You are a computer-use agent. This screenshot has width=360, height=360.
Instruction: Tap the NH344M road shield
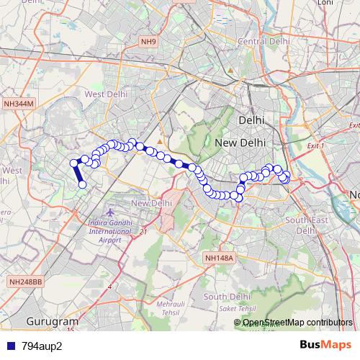click(19, 104)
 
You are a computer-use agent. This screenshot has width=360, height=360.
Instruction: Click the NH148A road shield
click(220, 257)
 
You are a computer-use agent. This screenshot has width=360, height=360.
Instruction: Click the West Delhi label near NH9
click(106, 94)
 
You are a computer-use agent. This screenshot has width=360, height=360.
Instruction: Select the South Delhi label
click(227, 296)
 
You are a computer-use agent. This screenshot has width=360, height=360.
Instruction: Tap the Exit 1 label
click(316, 146)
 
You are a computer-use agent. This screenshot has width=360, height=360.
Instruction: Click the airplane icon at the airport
click(109, 213)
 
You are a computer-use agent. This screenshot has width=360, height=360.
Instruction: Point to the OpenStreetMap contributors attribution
click(297, 323)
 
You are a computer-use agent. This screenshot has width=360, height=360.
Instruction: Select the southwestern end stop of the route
click(82, 185)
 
